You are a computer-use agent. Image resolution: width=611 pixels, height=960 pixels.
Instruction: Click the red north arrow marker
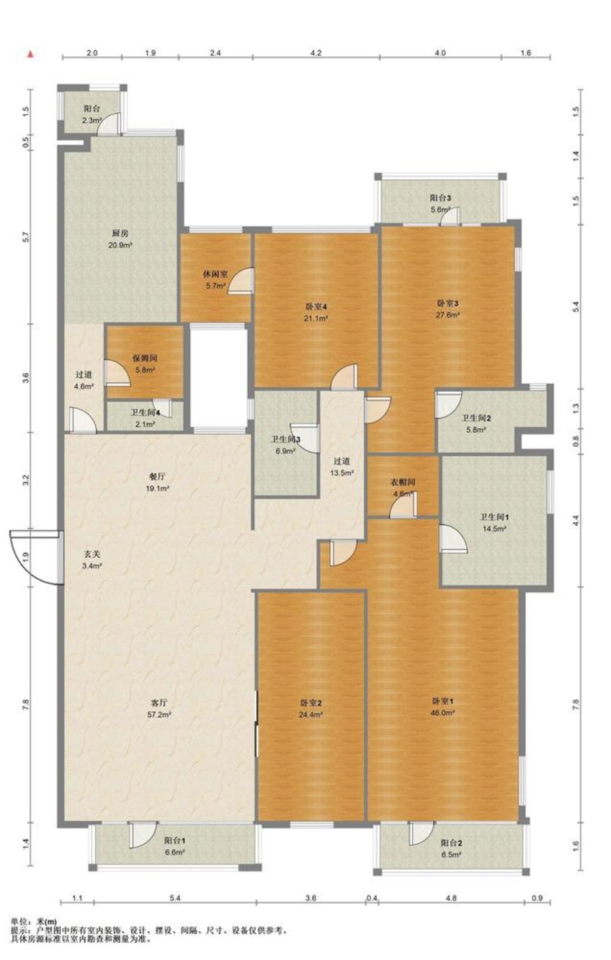pos(30,55)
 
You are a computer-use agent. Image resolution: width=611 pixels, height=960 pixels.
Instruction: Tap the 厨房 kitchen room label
pos(120,233)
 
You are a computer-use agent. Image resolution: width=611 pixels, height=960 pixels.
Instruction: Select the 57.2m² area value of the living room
pos(159,714)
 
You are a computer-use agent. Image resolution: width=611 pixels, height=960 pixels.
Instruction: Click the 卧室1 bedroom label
pos(442,701)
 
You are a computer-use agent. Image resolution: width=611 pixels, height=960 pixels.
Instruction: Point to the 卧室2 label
pos(311,703)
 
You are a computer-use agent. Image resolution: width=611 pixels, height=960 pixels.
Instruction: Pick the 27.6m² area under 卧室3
pos(448,315)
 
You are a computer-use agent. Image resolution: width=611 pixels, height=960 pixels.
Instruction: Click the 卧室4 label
pos(317,306)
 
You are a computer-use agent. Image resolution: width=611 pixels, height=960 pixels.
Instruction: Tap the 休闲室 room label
pos(215,274)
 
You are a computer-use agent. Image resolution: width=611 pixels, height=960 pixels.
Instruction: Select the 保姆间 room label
pos(145,358)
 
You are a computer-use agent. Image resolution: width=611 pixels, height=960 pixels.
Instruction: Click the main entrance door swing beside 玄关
pos(35,557)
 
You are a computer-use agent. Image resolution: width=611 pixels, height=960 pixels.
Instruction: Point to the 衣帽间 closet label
pos(403,482)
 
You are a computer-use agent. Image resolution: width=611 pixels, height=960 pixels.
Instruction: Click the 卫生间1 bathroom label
pos(494,517)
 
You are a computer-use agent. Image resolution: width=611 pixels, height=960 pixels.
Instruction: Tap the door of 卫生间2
pos(448,404)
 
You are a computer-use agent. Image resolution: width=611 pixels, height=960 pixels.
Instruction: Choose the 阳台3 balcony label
pos(440,198)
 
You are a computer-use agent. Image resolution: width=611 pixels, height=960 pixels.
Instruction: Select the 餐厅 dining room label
pos(157,476)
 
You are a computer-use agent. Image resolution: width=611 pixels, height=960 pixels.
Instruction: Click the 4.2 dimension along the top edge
pos(316,53)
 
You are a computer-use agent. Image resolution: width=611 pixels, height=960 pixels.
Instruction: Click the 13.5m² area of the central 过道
pos(342,473)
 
